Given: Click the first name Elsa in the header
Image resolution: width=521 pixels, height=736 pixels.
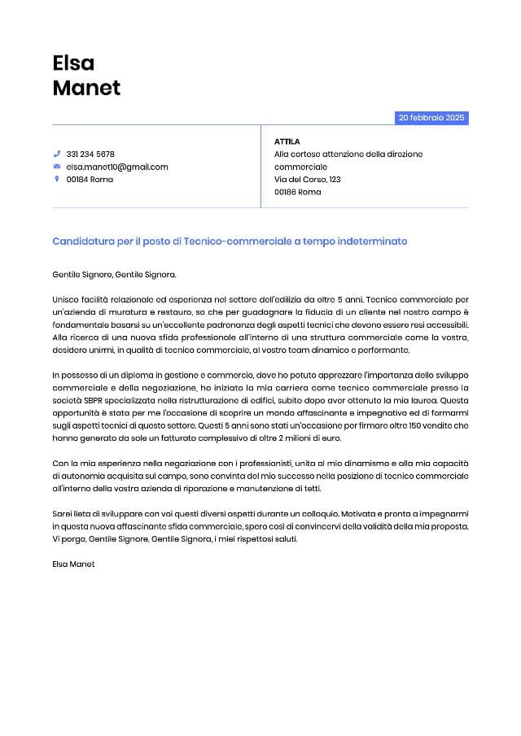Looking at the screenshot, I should tap(73, 63).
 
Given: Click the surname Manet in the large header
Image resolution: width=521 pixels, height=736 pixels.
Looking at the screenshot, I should tap(86, 88).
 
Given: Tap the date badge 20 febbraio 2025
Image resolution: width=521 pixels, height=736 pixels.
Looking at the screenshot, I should tap(431, 118).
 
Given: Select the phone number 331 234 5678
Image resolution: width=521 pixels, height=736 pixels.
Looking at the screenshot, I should tap(90, 154).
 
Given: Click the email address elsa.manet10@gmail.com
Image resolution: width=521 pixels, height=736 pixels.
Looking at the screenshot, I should tap(117, 167).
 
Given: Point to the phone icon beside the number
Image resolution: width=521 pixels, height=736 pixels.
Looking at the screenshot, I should tap(57, 154).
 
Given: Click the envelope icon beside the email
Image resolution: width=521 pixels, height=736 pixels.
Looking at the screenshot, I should tap(57, 167).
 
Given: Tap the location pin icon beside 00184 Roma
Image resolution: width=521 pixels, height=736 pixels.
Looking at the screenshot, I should tap(57, 179).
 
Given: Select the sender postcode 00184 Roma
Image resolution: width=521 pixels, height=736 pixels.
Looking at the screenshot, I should tap(90, 179).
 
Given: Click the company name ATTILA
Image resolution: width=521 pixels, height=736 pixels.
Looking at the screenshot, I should tap(287, 142).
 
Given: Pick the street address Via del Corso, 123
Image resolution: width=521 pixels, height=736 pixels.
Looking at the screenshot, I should tap(308, 179).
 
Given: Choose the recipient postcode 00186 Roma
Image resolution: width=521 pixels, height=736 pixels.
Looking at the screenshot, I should tap(298, 192).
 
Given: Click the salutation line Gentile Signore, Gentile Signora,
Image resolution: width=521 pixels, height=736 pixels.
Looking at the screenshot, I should tap(114, 275).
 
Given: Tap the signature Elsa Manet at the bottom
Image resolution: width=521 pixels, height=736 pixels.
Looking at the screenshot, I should tap(73, 564).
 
